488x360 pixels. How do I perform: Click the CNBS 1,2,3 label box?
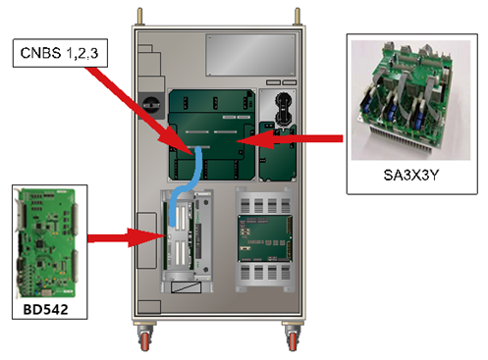point(60,53)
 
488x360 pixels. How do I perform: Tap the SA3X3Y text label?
point(410,176)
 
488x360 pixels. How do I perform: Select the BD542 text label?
point(45,309)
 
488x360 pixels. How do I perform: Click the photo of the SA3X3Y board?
point(410,100)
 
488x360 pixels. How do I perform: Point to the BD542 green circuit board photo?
point(47,242)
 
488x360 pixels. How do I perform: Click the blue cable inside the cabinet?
point(186,187)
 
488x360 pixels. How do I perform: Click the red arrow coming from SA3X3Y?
point(290,139)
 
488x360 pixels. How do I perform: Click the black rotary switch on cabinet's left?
point(151,104)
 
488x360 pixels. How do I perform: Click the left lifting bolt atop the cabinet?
point(140,16)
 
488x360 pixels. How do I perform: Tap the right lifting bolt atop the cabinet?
point(298,16)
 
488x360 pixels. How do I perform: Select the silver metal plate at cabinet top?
point(250,55)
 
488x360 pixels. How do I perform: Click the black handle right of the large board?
point(283,109)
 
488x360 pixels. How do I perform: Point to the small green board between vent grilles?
point(265,238)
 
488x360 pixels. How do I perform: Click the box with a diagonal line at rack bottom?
point(186,287)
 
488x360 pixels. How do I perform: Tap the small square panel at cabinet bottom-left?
point(149,307)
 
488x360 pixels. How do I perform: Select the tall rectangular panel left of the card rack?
point(146,240)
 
